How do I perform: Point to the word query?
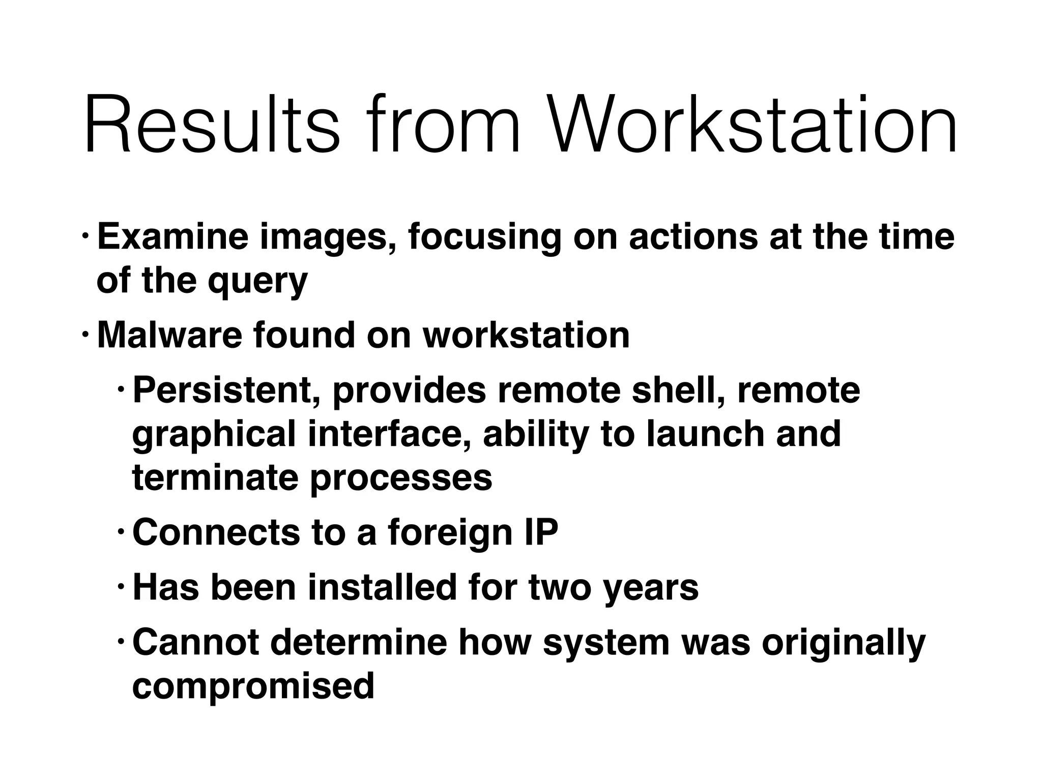pos(257,281)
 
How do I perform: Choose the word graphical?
pos(214,435)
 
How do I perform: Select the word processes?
pos(401,479)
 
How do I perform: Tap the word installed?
pos(382,587)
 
